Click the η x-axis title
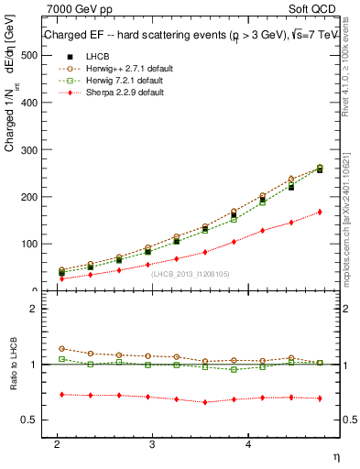(335, 455)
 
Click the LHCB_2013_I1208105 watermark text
(189, 274)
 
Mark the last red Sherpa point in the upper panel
(319, 212)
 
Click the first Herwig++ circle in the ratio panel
(61, 349)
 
